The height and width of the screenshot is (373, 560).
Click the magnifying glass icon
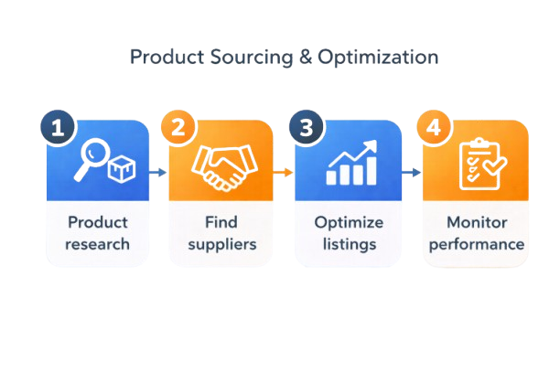[x=94, y=157]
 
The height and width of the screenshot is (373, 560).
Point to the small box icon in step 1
[x=122, y=170]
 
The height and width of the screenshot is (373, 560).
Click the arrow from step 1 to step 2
[x=157, y=172]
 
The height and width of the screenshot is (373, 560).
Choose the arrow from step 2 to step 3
[x=284, y=172]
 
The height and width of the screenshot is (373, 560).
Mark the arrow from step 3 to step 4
[x=412, y=172]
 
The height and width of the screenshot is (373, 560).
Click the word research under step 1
[x=98, y=244]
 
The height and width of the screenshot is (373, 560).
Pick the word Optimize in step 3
[x=350, y=222]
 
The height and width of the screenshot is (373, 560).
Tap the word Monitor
[x=478, y=222]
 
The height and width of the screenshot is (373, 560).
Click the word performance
[x=478, y=244]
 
